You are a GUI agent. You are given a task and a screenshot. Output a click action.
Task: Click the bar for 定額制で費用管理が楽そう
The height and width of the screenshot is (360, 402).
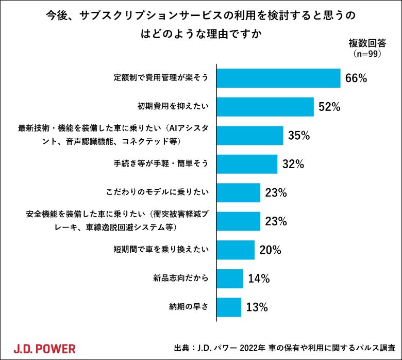pos(278,78)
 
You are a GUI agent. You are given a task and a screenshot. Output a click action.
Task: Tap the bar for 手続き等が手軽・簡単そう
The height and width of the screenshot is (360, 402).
pos(247,164)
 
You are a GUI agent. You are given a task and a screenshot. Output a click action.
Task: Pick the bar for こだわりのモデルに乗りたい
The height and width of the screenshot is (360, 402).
pos(238,193)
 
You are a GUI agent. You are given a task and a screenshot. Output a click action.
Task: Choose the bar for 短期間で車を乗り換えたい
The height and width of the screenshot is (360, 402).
pos(236,250)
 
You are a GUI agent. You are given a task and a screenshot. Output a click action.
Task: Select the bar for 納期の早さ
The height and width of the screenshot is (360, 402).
pos(229,307)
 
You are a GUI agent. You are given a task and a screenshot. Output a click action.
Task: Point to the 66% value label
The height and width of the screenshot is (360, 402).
pos(356,79)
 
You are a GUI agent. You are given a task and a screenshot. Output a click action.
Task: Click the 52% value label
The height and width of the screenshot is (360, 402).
pos(330,107)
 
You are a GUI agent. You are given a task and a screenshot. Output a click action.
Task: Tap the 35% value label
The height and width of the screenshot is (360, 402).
pos(299,136)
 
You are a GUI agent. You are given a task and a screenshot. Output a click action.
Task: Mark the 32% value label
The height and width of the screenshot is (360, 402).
pos(293,165)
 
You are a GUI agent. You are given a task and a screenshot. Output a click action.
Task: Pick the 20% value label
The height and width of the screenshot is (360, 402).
pos(270,250)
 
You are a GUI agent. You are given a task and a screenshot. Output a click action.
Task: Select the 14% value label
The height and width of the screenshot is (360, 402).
pos(259,279)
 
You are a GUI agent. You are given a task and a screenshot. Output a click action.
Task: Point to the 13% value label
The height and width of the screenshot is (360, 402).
pos(257,307)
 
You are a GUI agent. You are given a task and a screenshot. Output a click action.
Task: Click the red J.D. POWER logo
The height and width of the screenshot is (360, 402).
pos(44,348)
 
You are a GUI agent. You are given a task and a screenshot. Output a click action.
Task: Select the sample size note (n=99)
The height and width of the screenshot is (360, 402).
pos(367,53)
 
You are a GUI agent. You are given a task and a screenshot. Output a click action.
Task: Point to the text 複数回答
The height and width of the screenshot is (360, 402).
pos(367,43)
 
